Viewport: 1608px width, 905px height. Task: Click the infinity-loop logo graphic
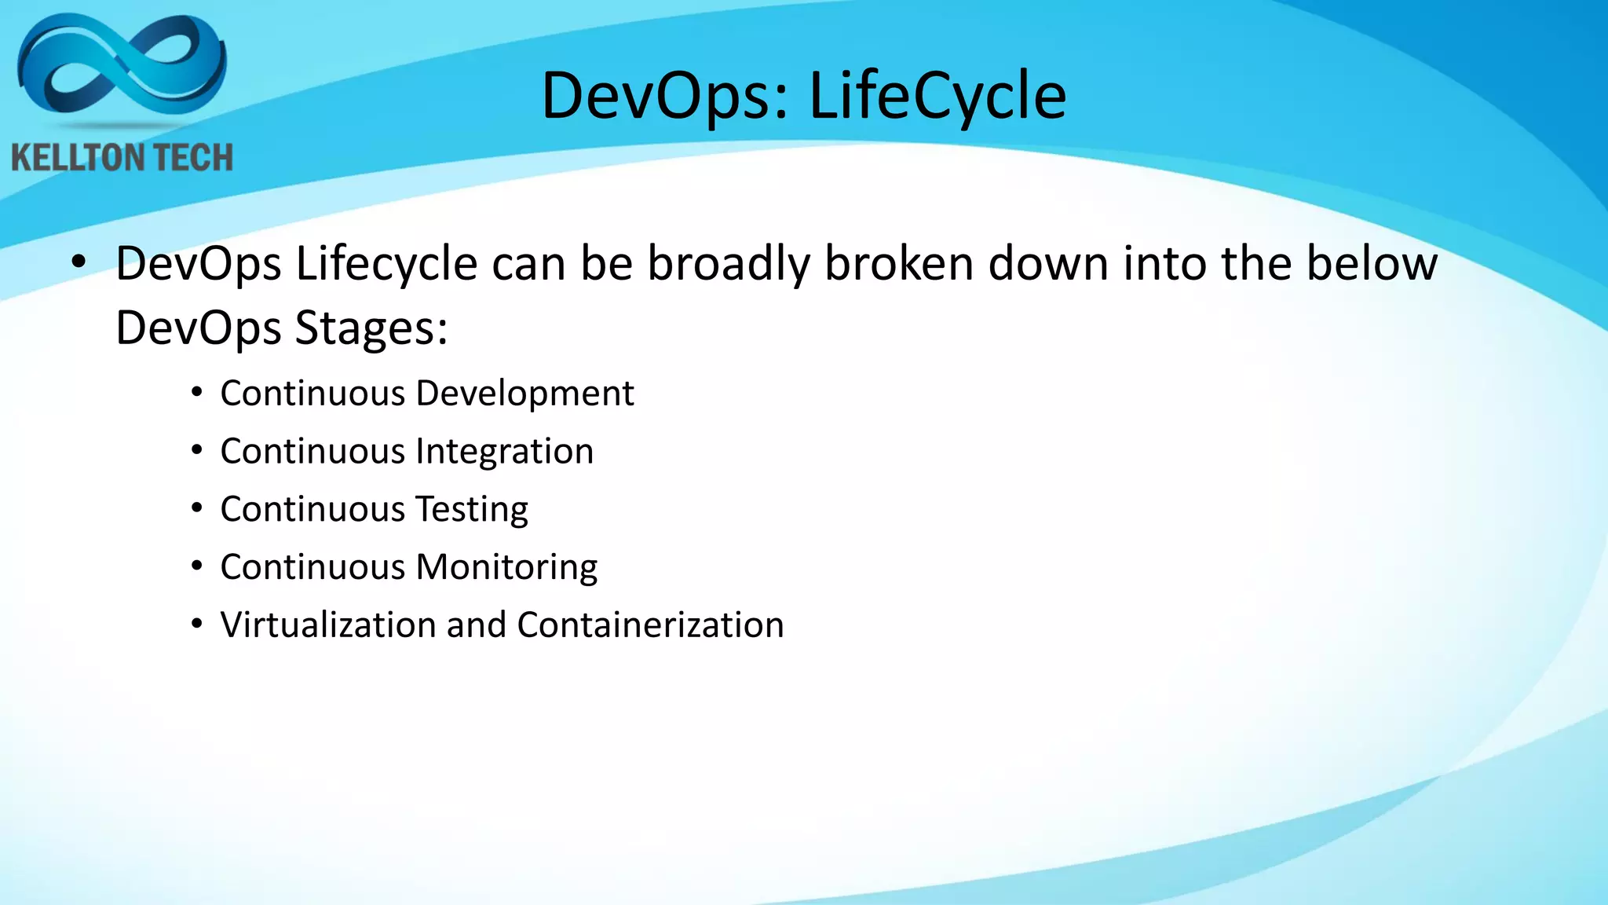[122, 67]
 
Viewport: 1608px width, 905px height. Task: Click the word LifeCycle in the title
[937, 96]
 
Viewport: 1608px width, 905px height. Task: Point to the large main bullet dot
[78, 264]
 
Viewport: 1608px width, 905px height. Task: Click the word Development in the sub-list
[524, 394]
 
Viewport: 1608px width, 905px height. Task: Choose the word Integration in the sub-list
[504, 452]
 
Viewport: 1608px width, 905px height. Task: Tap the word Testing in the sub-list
[471, 510]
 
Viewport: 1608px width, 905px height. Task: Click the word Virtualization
[327, 625]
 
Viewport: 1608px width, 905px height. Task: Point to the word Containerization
[650, 625]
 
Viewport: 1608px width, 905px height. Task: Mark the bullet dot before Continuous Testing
[197, 508]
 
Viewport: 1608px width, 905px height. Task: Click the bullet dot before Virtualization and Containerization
[197, 625]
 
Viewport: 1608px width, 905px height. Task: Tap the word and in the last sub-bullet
[476, 625]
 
